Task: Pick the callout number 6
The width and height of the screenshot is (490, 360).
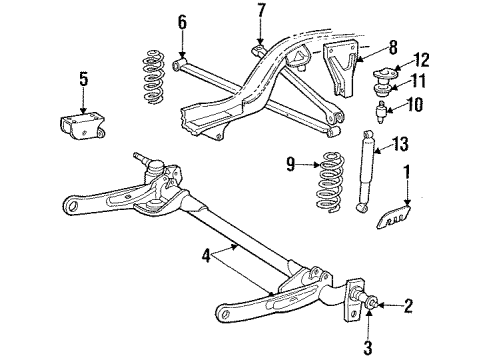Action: pos(181,22)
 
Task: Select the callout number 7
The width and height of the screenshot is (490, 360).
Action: pos(261,12)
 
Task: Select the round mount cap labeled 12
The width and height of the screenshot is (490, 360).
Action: pos(388,74)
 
